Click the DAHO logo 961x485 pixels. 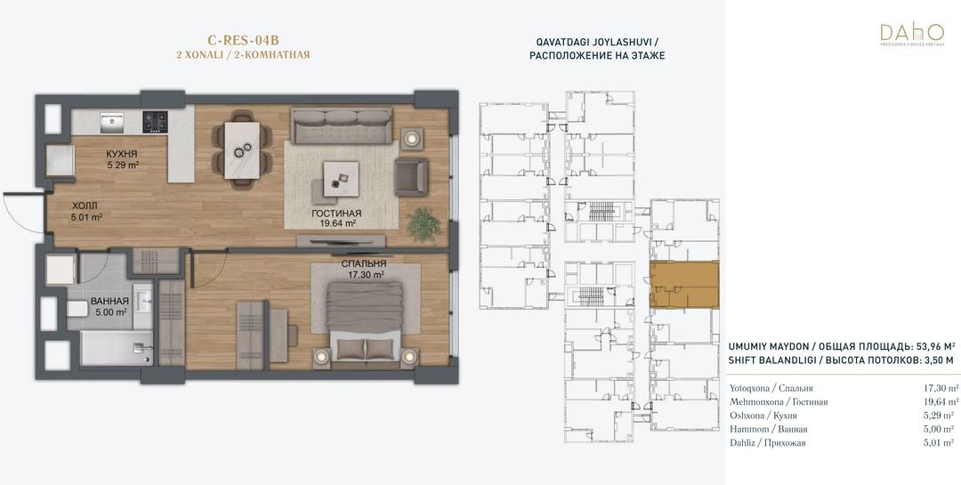click(x=911, y=36)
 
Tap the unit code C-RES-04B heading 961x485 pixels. click(x=243, y=40)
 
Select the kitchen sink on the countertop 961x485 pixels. click(x=112, y=122)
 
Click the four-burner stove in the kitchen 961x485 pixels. click(x=155, y=121)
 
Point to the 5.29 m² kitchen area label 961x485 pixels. click(x=121, y=165)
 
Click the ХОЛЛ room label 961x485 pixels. click(x=84, y=206)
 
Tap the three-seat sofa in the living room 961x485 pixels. click(x=341, y=125)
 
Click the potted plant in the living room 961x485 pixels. click(x=424, y=223)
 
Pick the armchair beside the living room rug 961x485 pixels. click(x=411, y=176)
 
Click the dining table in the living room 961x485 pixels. click(x=241, y=150)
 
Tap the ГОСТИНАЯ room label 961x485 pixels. click(x=335, y=214)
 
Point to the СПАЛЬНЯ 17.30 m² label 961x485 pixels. click(x=364, y=270)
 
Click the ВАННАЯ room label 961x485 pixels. click(x=109, y=301)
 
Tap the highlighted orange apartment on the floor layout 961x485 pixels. click(x=684, y=284)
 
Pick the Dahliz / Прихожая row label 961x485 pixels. click(x=767, y=442)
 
